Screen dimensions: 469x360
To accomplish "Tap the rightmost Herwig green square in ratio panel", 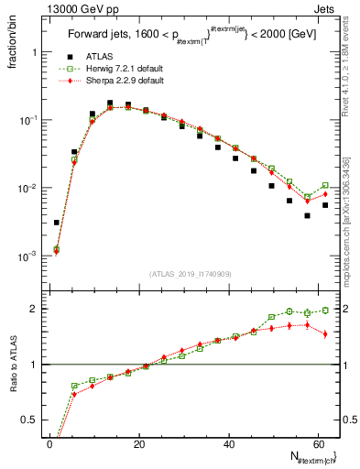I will [x=325, y=311].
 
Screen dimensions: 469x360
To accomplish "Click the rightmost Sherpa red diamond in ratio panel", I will [x=325, y=333].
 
